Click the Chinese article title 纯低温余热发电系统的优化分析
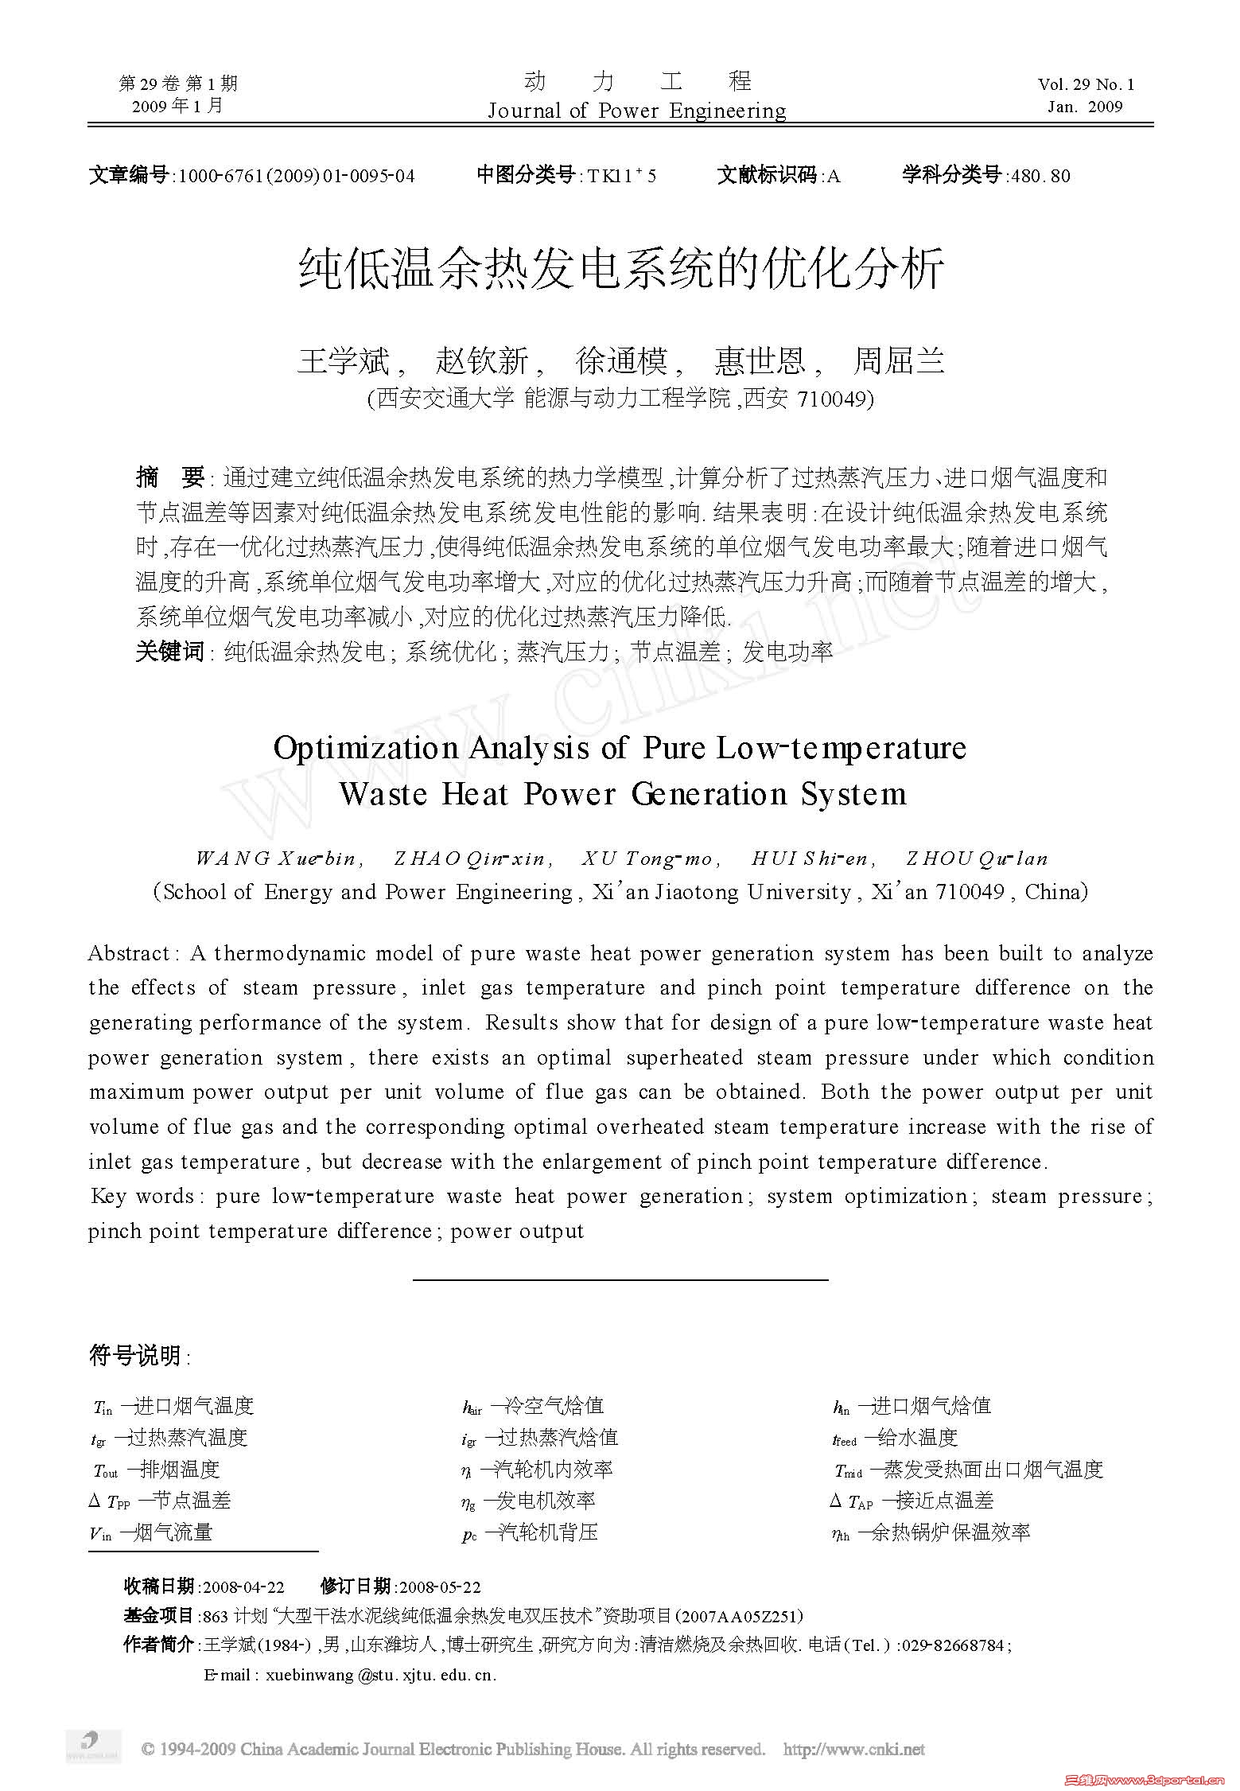[621, 268]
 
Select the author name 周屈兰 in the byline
[899, 361]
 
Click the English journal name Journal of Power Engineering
[636, 110]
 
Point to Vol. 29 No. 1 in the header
[1086, 84]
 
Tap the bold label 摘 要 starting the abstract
[170, 477]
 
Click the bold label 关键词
[169, 652]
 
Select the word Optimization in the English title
[365, 748]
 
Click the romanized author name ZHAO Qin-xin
[470, 859]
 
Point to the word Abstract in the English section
[127, 953]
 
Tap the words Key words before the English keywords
[142, 1196]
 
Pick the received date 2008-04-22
[243, 1587]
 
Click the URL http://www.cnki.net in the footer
[853, 1749]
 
